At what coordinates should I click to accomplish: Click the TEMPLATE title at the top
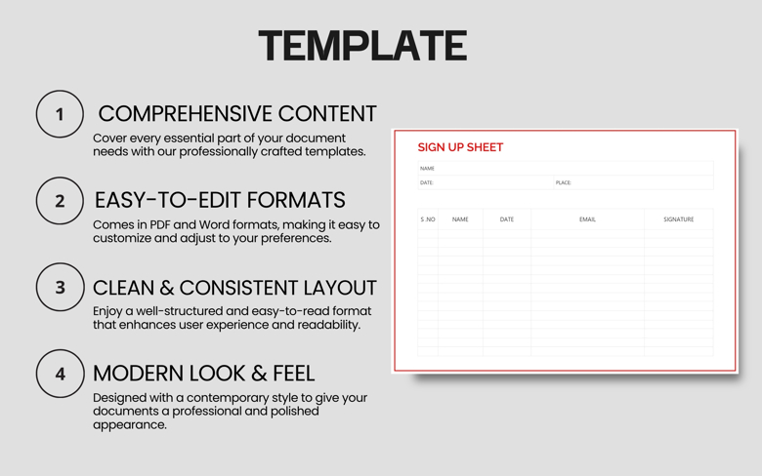tap(362, 46)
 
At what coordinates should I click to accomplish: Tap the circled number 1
tap(60, 114)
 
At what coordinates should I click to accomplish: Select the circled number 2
tap(60, 201)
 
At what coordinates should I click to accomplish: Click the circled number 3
tap(60, 288)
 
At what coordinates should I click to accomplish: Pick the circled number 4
tap(60, 374)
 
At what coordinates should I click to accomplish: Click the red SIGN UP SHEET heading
tap(460, 147)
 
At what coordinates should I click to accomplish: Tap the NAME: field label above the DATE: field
tap(427, 169)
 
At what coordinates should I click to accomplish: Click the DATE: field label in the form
tap(426, 182)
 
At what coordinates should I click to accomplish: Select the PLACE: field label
tap(563, 182)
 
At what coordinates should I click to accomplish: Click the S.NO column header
tap(428, 219)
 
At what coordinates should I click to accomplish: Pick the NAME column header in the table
tap(460, 219)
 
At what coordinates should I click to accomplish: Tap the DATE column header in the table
tap(506, 219)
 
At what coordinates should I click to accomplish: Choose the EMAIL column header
tap(587, 219)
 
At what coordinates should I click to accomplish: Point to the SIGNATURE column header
tap(678, 219)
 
